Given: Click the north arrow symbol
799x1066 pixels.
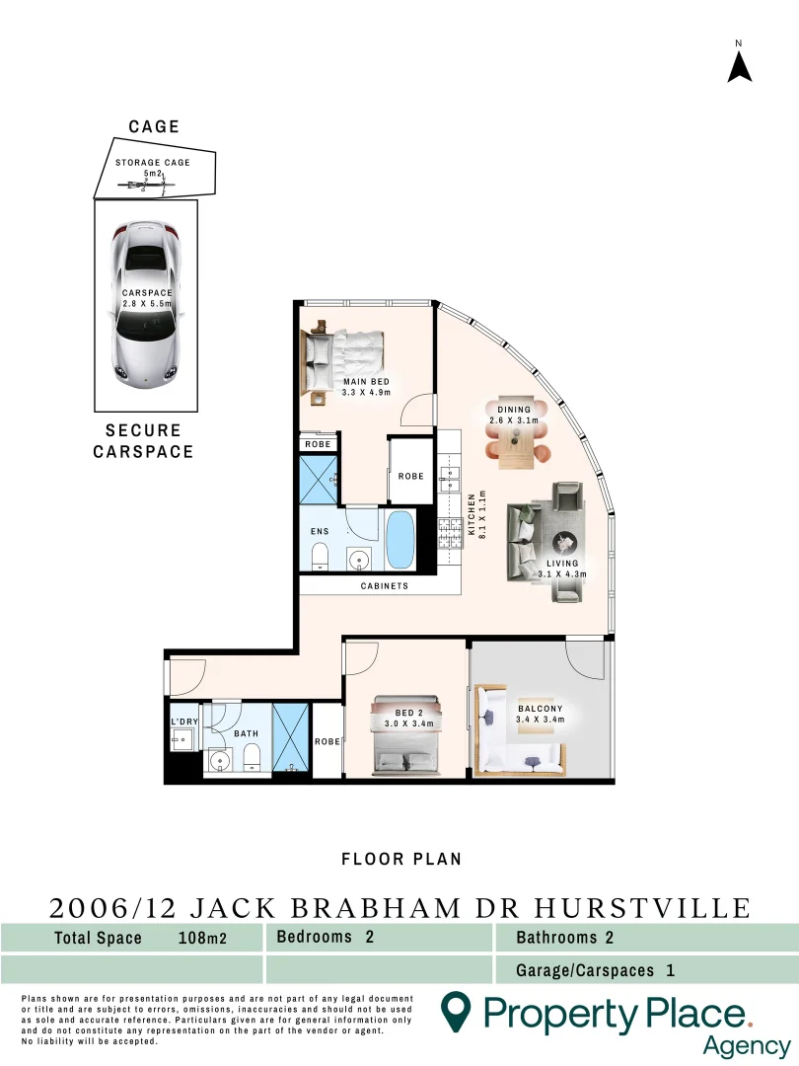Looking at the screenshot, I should click(x=740, y=65).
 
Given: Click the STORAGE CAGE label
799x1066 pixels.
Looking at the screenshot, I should click(x=152, y=163).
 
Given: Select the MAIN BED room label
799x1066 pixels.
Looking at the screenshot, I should click(x=366, y=382).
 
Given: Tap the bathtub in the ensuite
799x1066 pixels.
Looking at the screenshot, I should click(x=400, y=539).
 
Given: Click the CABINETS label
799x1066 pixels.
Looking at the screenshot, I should click(x=383, y=585).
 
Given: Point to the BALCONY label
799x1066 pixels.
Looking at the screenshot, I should click(x=540, y=709).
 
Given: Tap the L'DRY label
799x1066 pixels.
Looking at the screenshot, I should click(x=184, y=723).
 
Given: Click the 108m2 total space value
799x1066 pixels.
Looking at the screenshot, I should click(x=201, y=939).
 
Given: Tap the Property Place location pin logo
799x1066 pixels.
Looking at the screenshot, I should click(x=455, y=1012).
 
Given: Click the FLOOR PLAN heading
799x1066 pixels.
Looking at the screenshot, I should click(x=400, y=859).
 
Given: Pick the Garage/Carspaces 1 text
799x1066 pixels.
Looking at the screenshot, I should click(x=595, y=970).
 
